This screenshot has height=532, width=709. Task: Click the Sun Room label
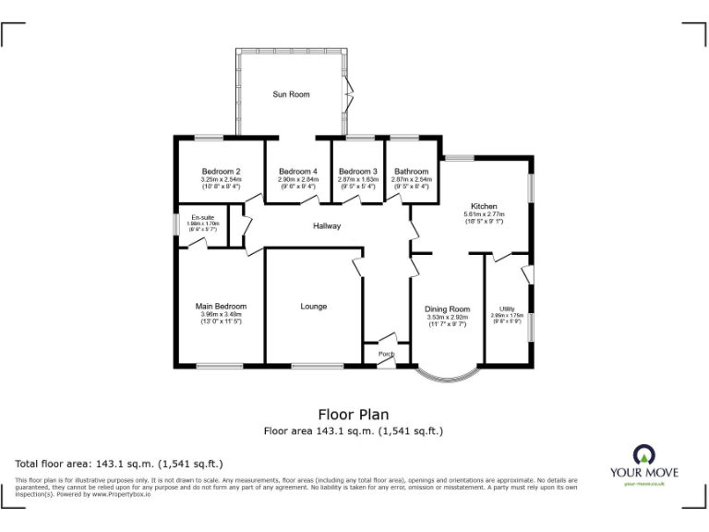pos(291,94)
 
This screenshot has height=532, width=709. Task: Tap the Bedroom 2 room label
pos(221,171)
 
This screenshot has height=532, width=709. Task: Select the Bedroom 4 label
pos(298,171)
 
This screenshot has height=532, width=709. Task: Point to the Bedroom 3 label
pos(357,171)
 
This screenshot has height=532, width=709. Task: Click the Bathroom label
pos(411,171)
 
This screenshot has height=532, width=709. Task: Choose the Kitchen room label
pos(484,206)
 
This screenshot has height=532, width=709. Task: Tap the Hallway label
pos(327,225)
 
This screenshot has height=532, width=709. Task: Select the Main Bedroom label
pos(221,306)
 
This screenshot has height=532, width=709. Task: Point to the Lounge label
pos(313,306)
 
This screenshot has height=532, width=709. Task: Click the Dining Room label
pos(447,309)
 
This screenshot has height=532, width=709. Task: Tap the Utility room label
pos(507,308)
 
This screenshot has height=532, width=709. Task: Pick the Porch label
pos(379,353)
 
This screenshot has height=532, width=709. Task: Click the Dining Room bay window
pos(447,377)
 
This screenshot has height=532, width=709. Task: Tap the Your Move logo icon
pos(643,454)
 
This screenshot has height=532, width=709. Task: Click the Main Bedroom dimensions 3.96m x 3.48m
pos(221,315)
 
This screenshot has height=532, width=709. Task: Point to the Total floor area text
pos(119,464)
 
